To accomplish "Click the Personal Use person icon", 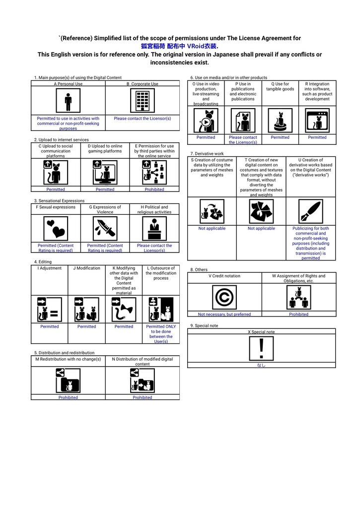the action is (x=68, y=101).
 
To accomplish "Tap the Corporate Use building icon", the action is (x=143, y=101).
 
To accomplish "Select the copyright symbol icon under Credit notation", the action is (x=224, y=297).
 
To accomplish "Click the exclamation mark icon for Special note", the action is (x=261, y=348).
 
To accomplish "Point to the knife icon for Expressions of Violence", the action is (x=105, y=229).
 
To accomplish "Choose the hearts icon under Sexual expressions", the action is (x=56, y=229).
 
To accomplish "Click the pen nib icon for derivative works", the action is (x=311, y=211).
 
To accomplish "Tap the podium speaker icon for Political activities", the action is (x=154, y=229).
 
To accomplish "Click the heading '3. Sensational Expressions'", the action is (x=60, y=201).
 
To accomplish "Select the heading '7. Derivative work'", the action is (x=207, y=154).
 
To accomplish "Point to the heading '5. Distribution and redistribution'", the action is (x=64, y=353).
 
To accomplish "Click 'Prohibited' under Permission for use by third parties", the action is (x=154, y=190).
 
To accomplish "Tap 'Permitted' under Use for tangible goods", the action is (x=280, y=137).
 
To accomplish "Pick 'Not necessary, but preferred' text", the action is (x=224, y=314).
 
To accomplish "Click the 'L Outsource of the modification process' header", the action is (x=161, y=273).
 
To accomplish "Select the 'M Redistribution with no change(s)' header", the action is (x=68, y=359).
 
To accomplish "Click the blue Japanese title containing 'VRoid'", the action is (x=180, y=46).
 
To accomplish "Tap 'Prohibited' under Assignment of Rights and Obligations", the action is (x=299, y=314).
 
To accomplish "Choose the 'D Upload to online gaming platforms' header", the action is (x=105, y=149).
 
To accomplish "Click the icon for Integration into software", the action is (x=317, y=121).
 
